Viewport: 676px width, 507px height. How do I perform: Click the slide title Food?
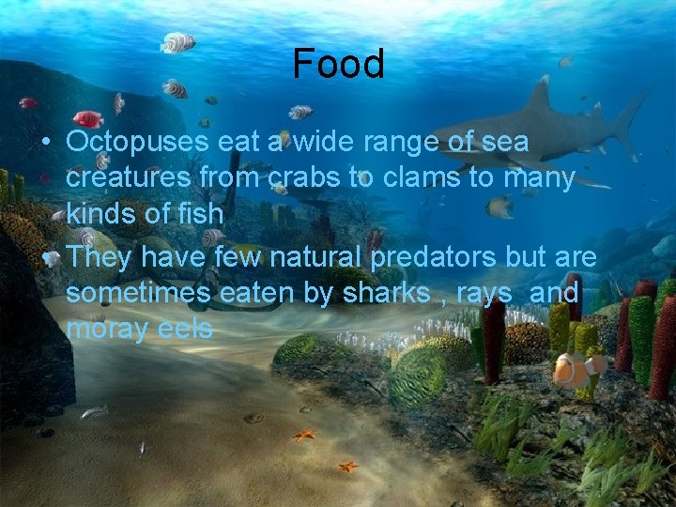(338, 64)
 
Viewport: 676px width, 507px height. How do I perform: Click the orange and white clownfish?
(574, 368)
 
